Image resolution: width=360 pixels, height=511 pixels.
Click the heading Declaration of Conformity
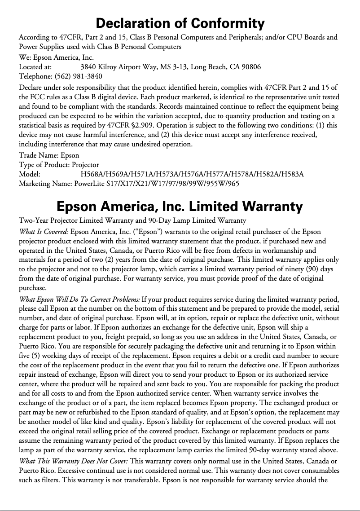180,23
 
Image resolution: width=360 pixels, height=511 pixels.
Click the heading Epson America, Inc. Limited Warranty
180,207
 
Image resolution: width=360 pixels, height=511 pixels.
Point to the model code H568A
91,174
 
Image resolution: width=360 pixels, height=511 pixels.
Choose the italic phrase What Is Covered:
44,232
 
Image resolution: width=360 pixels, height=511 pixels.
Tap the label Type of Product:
44,165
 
